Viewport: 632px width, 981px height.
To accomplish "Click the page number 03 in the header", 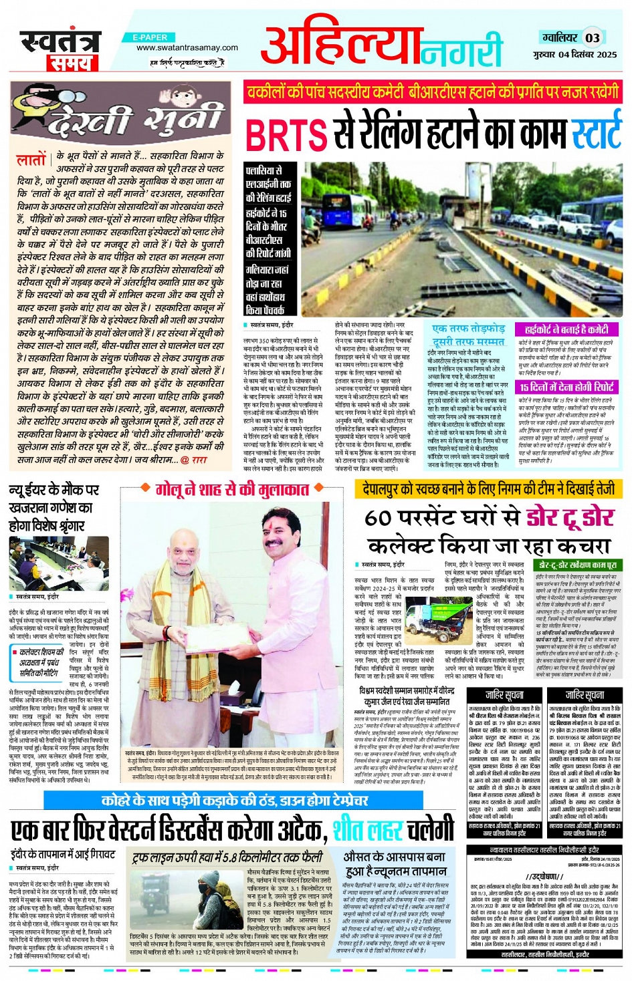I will coord(593,37).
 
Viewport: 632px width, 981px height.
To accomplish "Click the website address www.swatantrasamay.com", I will coord(187,47).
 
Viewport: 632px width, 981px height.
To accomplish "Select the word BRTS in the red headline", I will coord(286,134).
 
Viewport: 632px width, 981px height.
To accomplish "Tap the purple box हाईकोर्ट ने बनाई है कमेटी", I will coord(566,329).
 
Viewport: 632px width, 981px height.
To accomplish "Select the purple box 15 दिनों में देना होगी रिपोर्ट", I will coord(566,387).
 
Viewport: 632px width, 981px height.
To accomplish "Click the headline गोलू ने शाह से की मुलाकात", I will coord(232,490).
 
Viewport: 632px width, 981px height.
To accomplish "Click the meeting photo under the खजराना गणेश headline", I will coord(59,563).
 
